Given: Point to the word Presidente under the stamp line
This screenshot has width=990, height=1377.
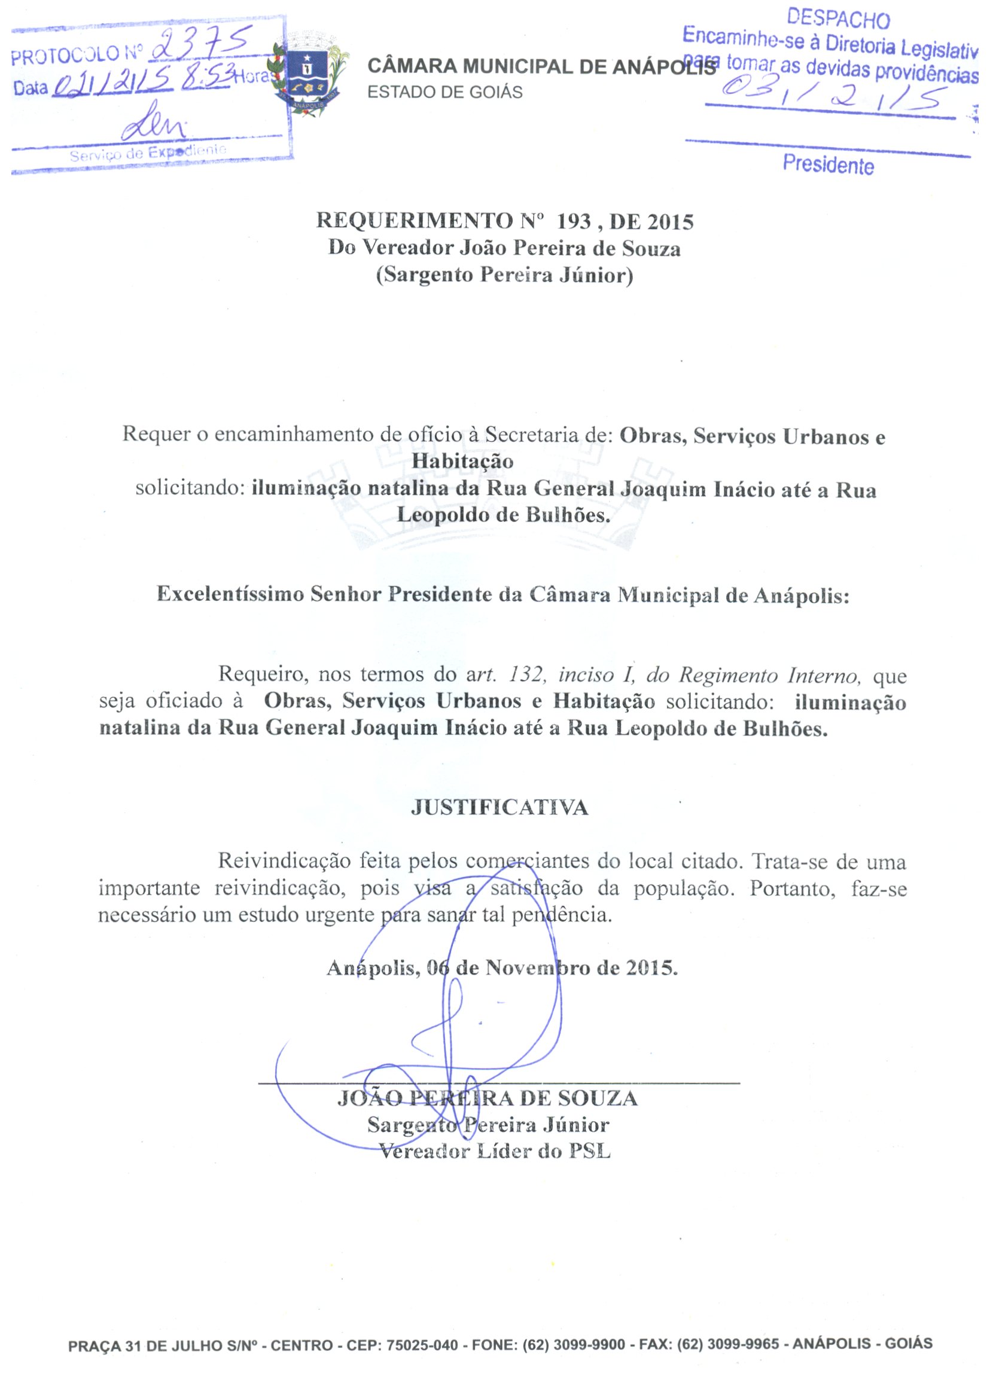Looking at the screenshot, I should pyautogui.click(x=828, y=164).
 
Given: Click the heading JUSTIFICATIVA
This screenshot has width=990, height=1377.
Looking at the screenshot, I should pyautogui.click(x=499, y=808).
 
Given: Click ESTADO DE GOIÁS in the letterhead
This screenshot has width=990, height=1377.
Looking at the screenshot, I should pyautogui.click(x=444, y=92).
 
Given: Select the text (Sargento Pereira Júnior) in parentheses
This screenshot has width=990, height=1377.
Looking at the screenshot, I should pyautogui.click(x=504, y=275).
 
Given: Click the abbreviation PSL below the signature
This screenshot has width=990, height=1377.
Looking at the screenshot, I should pyautogui.click(x=589, y=1151).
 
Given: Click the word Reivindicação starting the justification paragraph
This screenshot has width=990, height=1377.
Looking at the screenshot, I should pyautogui.click(x=284, y=861).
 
